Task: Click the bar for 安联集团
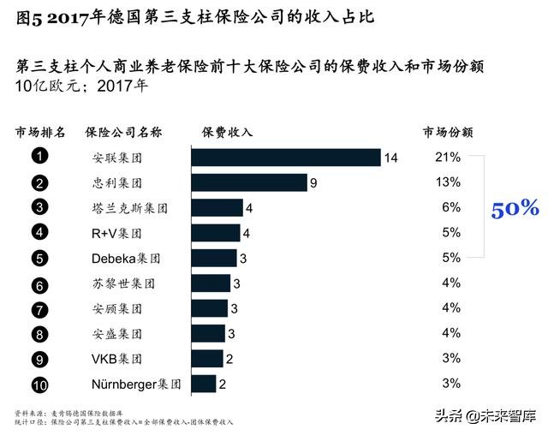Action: pyautogui.click(x=286, y=158)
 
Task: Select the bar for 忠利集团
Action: pyautogui.click(x=249, y=182)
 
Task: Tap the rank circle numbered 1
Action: pyautogui.click(x=39, y=157)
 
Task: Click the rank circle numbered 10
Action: pyautogui.click(x=39, y=384)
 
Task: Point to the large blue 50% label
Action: pyautogui.click(x=515, y=208)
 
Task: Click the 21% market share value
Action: pyautogui.click(x=448, y=158)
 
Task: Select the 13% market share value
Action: pyautogui.click(x=448, y=182)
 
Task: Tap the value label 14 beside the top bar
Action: pyautogui.click(x=391, y=158)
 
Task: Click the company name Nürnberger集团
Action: pyautogui.click(x=136, y=384)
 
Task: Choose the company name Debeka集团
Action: pyautogui.click(x=126, y=258)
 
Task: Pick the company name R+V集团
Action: pyautogui.click(x=116, y=233)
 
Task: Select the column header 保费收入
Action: pyautogui.click(x=228, y=133)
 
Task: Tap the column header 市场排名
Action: pyautogui.click(x=40, y=133)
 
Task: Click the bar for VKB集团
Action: pyautogui.click(x=207, y=359)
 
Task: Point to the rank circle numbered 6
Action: pyautogui.click(x=39, y=283)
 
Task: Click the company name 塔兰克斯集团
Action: pyautogui.click(x=129, y=208)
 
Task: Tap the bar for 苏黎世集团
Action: pyautogui.click(x=211, y=283)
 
